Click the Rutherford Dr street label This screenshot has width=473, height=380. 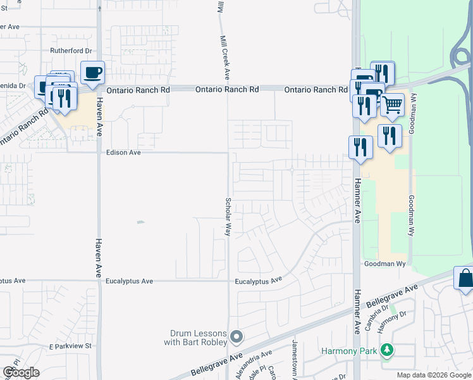coord(71,51)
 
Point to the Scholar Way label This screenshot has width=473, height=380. coord(228,217)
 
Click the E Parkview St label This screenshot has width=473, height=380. coord(71,346)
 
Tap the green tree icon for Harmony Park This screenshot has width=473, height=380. coord(386,350)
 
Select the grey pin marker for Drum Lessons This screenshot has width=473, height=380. coord(236,336)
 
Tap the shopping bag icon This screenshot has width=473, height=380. coord(465,278)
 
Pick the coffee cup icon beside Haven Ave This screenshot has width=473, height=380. coord(92,73)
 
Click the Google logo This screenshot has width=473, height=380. coord(21,372)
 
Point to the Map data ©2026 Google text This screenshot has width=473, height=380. coord(434,375)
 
